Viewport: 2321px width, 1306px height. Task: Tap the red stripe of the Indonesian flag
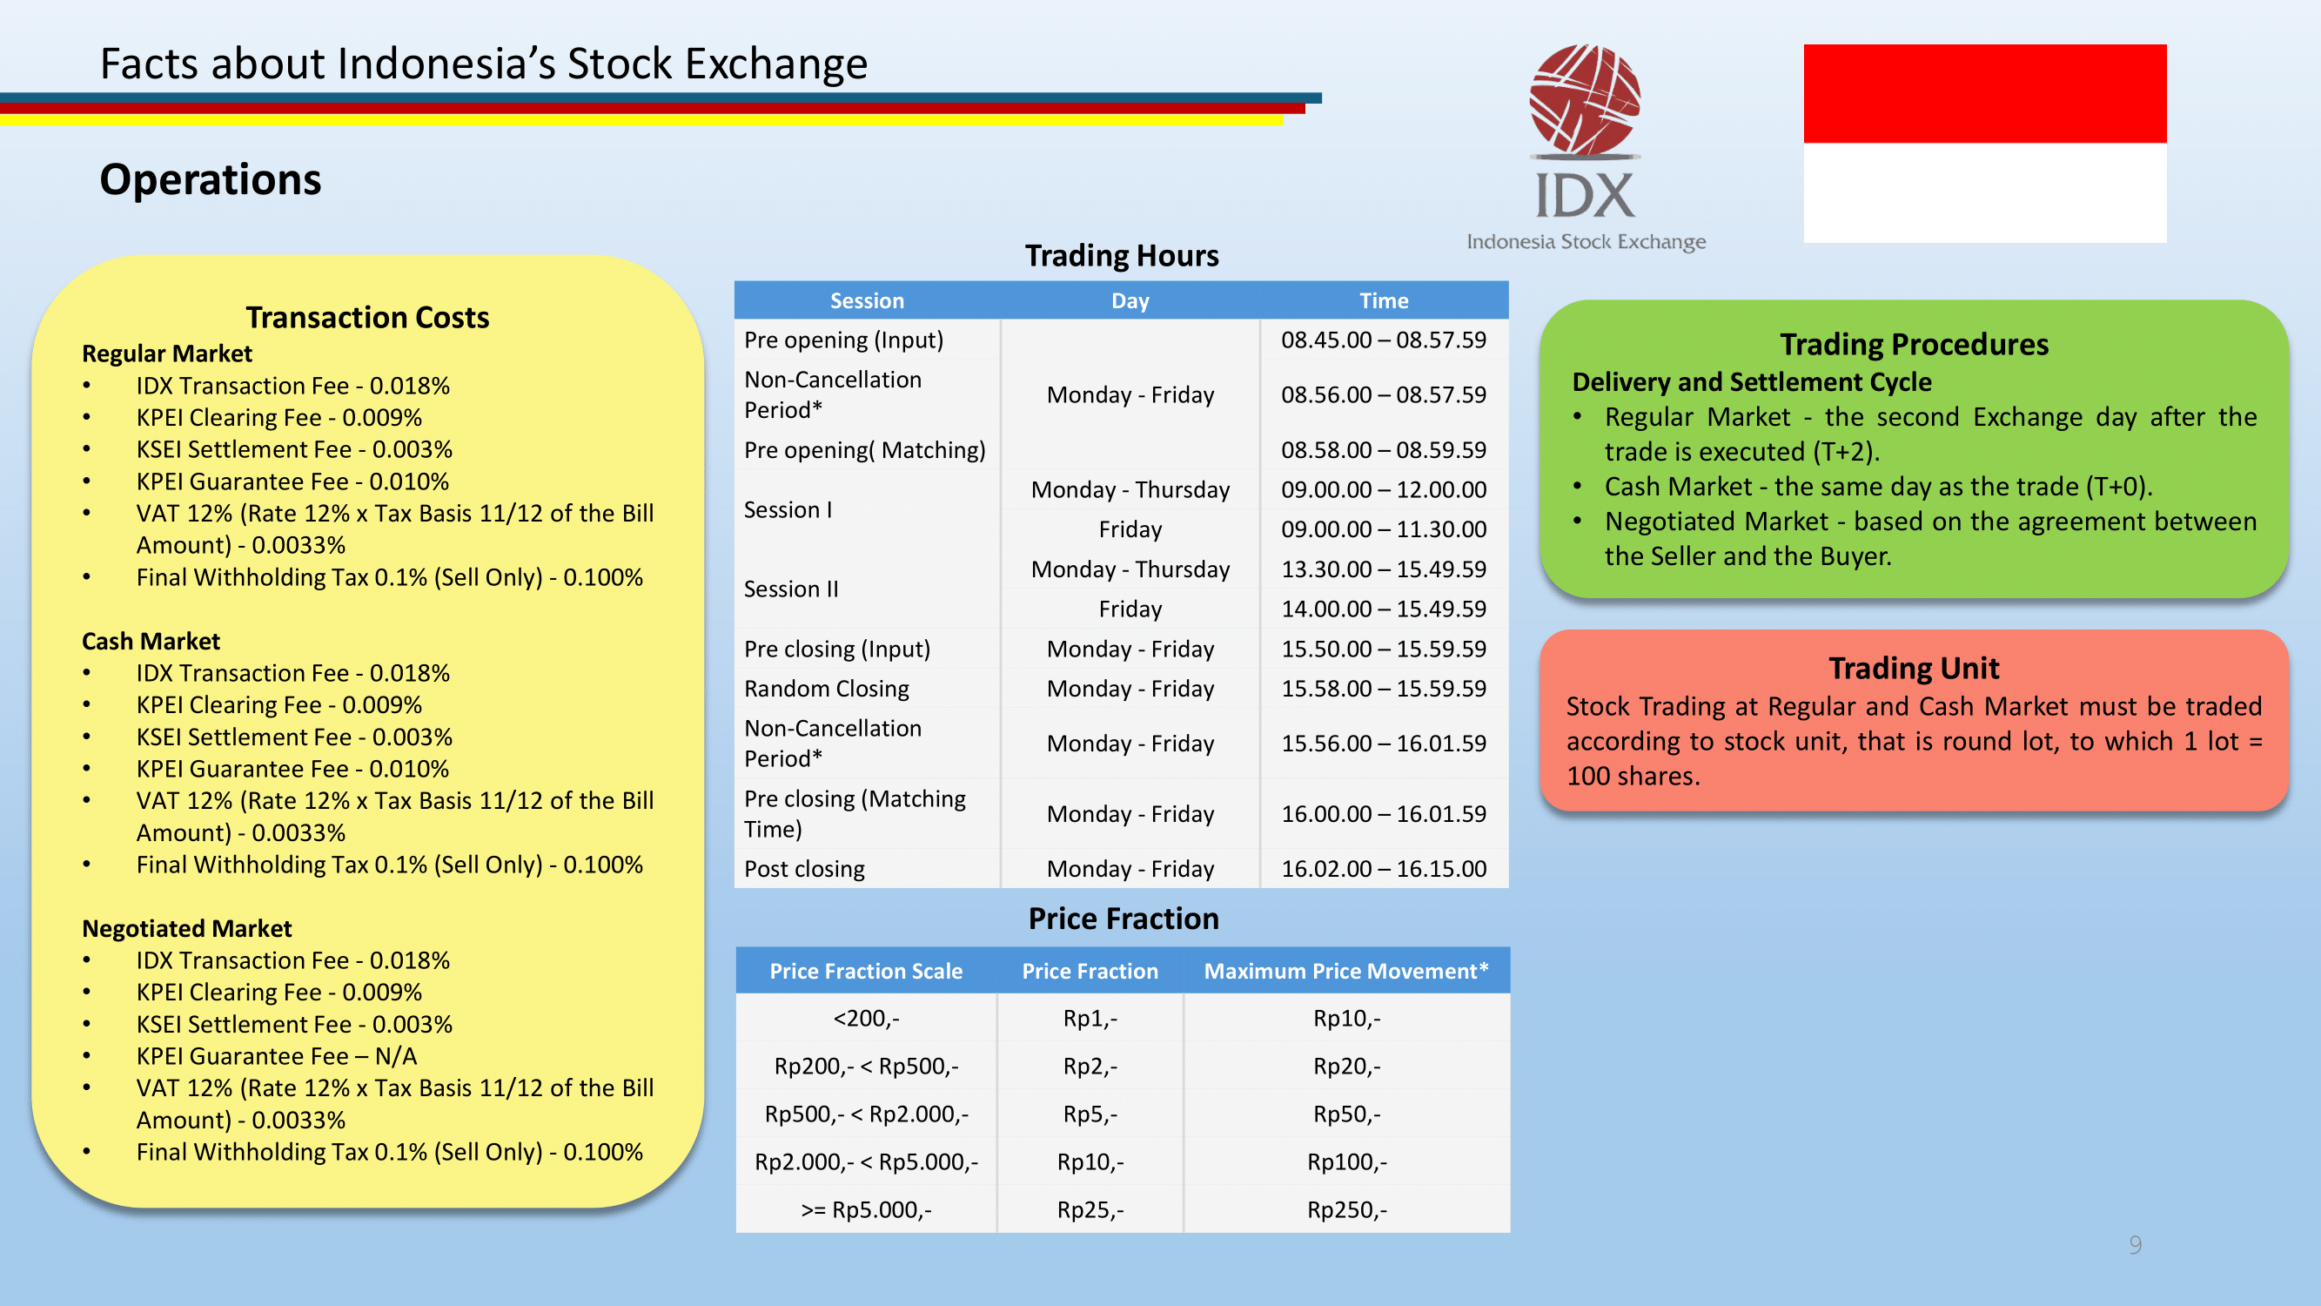point(1985,93)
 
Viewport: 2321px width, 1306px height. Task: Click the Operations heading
point(210,179)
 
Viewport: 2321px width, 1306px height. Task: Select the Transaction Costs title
point(367,317)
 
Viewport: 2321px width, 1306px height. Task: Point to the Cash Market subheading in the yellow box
point(151,641)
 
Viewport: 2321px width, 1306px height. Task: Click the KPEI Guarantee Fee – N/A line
point(277,1055)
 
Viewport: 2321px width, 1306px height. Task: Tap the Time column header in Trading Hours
point(1384,300)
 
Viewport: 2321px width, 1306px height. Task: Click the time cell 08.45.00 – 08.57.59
point(1384,340)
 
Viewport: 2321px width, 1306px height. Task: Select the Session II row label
point(791,589)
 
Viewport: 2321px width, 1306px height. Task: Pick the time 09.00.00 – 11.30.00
point(1384,529)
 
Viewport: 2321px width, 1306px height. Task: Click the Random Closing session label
point(826,689)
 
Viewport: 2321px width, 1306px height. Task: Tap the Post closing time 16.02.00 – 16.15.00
point(1384,869)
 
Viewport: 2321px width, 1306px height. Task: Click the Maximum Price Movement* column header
point(1346,971)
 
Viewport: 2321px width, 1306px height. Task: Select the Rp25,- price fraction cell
point(1090,1209)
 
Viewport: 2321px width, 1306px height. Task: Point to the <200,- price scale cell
point(866,1019)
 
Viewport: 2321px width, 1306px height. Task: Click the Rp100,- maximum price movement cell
point(1347,1161)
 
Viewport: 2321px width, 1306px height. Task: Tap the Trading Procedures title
point(1914,344)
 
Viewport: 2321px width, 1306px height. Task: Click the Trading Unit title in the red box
point(1914,668)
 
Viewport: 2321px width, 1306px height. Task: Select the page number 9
point(2136,1245)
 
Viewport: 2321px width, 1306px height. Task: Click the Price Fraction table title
point(1124,919)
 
